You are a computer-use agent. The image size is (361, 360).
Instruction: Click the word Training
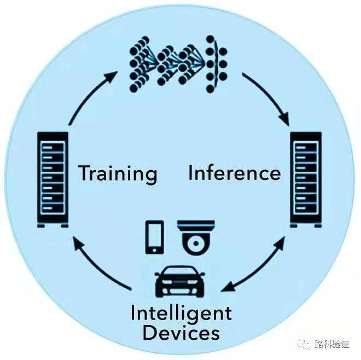click(x=118, y=173)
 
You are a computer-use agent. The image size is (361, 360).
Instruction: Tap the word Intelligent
click(x=181, y=314)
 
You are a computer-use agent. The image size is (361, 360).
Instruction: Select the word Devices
click(x=180, y=332)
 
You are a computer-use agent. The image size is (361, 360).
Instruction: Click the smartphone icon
click(x=155, y=237)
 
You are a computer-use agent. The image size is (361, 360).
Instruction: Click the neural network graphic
click(x=180, y=63)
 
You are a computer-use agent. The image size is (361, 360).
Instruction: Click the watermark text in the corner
click(x=331, y=345)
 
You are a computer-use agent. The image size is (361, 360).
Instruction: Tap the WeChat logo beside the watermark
click(x=302, y=344)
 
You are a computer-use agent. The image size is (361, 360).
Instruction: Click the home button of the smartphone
click(x=155, y=250)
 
